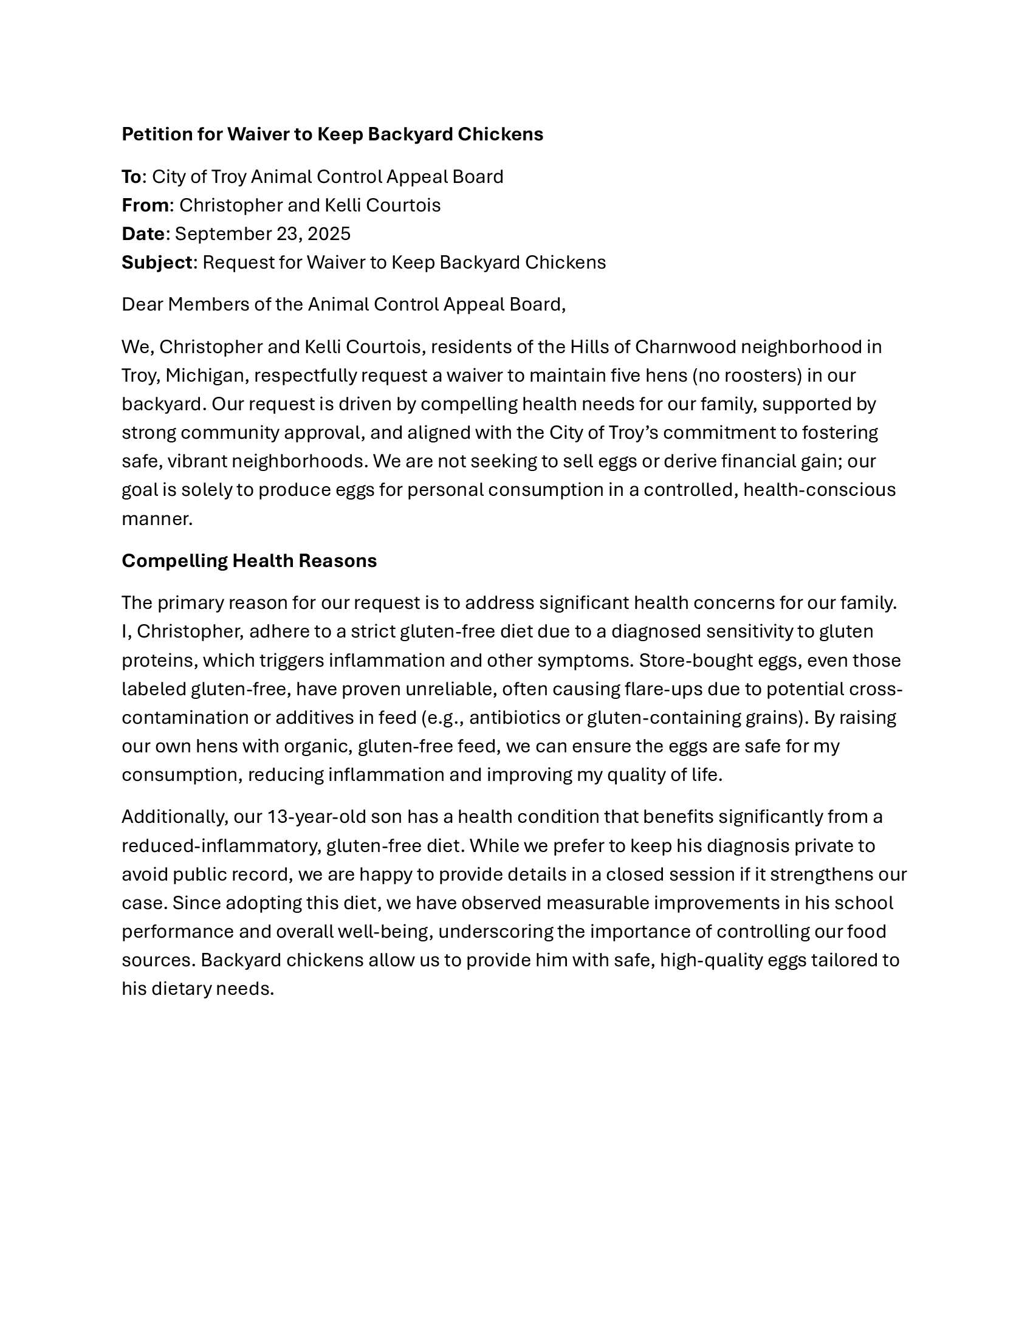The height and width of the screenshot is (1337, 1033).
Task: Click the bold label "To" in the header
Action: [x=132, y=177]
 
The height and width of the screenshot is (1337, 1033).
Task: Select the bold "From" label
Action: [x=145, y=205]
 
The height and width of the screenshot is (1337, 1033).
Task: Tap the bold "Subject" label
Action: [x=157, y=263]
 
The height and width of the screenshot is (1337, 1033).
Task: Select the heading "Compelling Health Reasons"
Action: [x=249, y=561]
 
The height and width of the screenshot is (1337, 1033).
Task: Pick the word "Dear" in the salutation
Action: [x=142, y=304]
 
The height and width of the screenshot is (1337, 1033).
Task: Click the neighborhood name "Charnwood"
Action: [x=685, y=347]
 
